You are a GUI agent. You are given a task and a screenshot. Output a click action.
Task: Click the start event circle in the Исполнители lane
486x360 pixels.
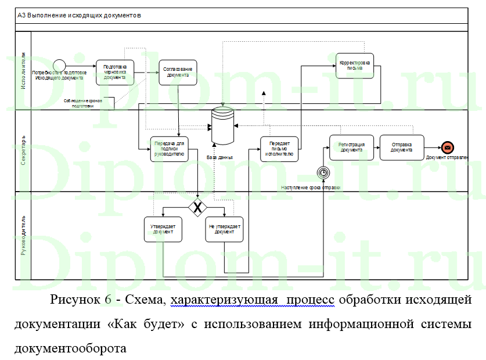pyautogui.click(x=59, y=65)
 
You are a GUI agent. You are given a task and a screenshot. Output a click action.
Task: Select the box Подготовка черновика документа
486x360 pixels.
pyautogui.click(x=115, y=72)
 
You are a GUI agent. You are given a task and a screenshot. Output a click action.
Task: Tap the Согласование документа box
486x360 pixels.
pyautogui.click(x=178, y=72)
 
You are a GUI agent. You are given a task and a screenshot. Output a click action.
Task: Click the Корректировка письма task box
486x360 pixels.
pyautogui.click(x=355, y=65)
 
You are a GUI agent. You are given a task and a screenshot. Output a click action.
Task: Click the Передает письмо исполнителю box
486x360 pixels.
pyautogui.click(x=279, y=149)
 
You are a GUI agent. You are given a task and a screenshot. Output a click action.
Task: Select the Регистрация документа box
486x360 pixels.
pyautogui.click(x=351, y=147)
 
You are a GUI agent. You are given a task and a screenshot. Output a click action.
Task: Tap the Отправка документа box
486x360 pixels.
pyautogui.click(x=402, y=147)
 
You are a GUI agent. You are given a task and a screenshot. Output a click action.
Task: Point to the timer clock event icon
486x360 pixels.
pyautogui.click(x=323, y=172)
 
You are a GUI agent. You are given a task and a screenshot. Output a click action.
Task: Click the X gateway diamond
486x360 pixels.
pyautogui.click(x=197, y=207)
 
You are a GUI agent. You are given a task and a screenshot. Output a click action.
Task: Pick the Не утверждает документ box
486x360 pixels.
pyautogui.click(x=224, y=229)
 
